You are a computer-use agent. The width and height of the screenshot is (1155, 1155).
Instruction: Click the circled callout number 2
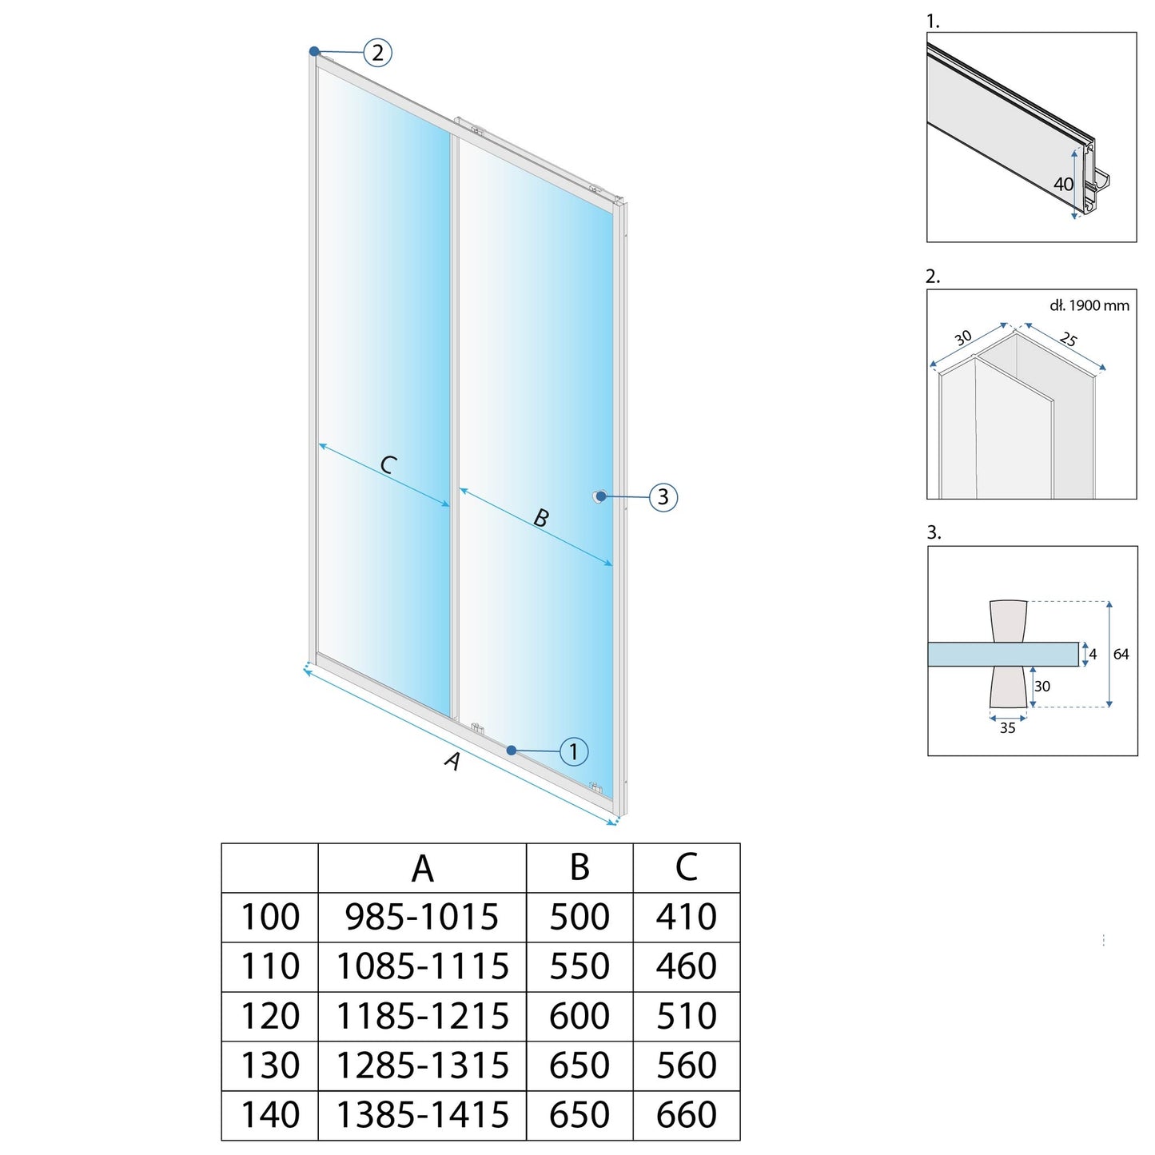click(x=377, y=53)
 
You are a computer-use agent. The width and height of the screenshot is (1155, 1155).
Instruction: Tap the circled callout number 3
click(x=663, y=496)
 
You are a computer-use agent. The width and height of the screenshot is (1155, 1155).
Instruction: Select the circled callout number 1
click(x=573, y=751)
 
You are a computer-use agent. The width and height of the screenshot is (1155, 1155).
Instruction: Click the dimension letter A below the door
click(x=453, y=760)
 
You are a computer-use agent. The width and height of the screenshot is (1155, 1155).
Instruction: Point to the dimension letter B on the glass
click(x=541, y=518)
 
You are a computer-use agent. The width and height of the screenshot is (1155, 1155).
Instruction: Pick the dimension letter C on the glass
click(x=388, y=464)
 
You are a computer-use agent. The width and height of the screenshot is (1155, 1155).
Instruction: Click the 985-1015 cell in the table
click(x=421, y=917)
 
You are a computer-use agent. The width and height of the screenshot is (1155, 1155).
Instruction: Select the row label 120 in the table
click(x=270, y=1016)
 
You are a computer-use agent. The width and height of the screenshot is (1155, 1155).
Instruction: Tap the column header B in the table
click(x=579, y=867)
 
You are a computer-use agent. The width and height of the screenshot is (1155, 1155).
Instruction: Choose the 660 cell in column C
click(x=686, y=1115)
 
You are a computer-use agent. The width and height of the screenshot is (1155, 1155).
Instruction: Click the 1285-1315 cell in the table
click(x=421, y=1065)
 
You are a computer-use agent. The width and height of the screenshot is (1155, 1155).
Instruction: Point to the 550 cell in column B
click(x=579, y=966)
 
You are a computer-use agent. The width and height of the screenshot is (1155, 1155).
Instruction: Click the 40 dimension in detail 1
click(x=1063, y=184)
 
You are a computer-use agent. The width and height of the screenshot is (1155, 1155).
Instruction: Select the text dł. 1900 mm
click(x=1089, y=305)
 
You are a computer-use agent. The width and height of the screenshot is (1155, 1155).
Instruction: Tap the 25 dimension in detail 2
click(x=1069, y=339)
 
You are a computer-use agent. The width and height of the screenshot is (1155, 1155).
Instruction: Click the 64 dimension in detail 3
click(x=1121, y=654)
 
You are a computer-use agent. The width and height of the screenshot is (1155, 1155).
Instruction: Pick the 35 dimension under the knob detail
click(x=1007, y=727)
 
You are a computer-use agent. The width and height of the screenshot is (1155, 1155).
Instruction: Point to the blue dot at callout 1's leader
click(x=512, y=750)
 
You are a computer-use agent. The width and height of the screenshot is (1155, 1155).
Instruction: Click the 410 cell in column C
click(x=686, y=917)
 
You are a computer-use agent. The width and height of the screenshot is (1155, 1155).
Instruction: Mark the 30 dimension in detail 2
click(x=963, y=337)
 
